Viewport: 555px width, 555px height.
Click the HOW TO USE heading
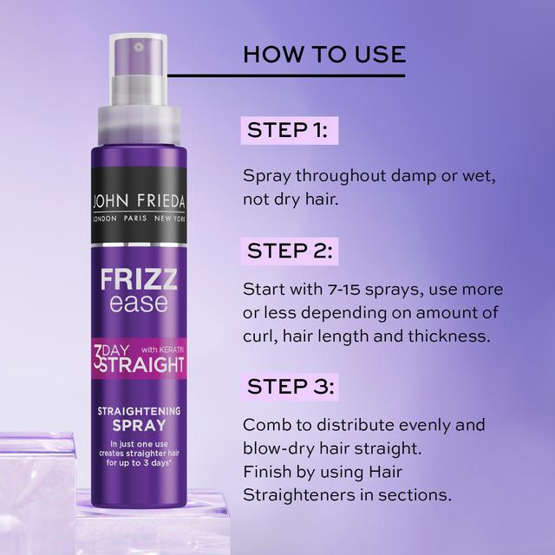click(324, 54)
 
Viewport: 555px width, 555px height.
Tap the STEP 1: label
click(287, 131)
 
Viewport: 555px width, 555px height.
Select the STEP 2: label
click(288, 252)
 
